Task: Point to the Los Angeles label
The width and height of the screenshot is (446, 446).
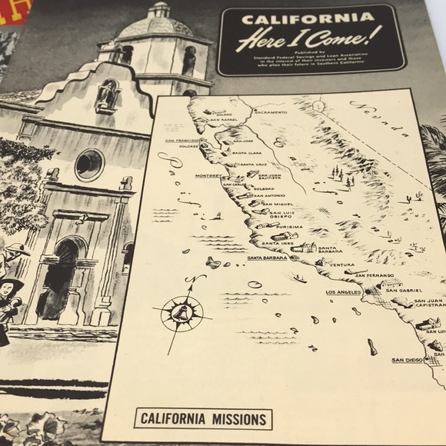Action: [343, 293]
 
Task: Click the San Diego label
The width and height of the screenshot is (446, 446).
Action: [408, 360]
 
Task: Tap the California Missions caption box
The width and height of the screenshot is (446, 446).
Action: [203, 419]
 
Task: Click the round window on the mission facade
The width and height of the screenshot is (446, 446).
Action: [89, 164]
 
